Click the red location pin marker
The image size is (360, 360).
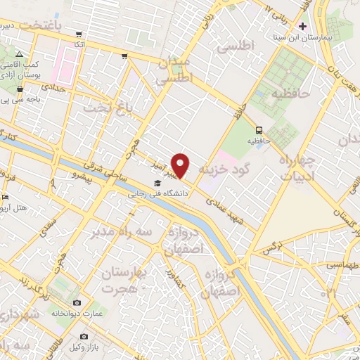tap(181, 165)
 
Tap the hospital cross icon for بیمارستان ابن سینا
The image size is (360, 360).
tap(303, 26)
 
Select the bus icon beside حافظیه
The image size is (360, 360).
tap(259, 129)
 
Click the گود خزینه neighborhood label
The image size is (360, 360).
tap(229, 170)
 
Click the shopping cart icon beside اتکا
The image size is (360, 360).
tap(81, 34)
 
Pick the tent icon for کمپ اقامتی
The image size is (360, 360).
tap(20, 55)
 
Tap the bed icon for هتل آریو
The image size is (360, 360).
tap(6, 197)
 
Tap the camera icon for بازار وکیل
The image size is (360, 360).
tap(86, 337)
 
